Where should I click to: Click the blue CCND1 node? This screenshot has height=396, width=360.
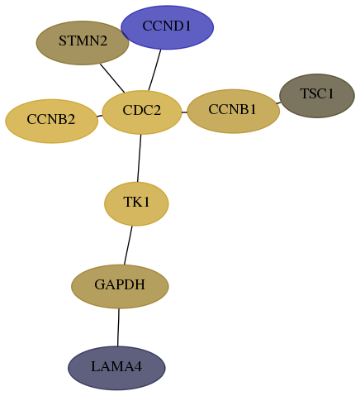pyautogui.click(x=167, y=27)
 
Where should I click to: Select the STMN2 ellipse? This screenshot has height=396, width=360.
pyautogui.click(x=83, y=43)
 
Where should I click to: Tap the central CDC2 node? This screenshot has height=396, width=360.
pyautogui.click(x=142, y=112)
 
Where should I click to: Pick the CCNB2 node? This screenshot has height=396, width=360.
pyautogui.click(x=51, y=122)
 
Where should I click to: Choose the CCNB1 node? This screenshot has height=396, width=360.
pyautogui.click(x=234, y=111)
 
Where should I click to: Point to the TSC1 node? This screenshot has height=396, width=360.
pyautogui.click(x=317, y=96)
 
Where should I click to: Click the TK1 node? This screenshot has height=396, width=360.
pyautogui.click(x=136, y=203)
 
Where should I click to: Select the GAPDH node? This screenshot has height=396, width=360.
pyautogui.click(x=120, y=286)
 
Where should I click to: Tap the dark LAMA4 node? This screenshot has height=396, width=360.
pyautogui.click(x=116, y=368)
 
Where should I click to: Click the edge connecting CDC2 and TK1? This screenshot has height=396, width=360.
pyautogui.click(x=140, y=158)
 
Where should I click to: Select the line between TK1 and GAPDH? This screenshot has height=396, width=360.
pyautogui.click(x=128, y=246)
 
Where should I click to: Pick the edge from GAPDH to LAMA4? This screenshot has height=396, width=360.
pyautogui.click(x=118, y=327)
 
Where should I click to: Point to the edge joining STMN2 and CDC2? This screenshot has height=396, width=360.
pyautogui.click(x=112, y=79)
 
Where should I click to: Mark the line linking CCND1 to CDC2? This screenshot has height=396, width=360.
pyautogui.click(x=154, y=70)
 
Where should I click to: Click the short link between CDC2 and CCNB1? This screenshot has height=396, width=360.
pyautogui.click(x=184, y=112)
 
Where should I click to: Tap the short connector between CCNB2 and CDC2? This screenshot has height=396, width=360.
pyautogui.click(x=100, y=116)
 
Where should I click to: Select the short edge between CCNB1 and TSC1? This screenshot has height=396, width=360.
pyautogui.click(x=278, y=103)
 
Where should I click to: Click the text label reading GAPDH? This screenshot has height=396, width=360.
pyautogui.click(x=120, y=284)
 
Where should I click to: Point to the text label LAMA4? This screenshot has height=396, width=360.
pyautogui.click(x=116, y=367)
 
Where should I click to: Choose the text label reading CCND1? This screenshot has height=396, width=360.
pyautogui.click(x=167, y=26)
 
